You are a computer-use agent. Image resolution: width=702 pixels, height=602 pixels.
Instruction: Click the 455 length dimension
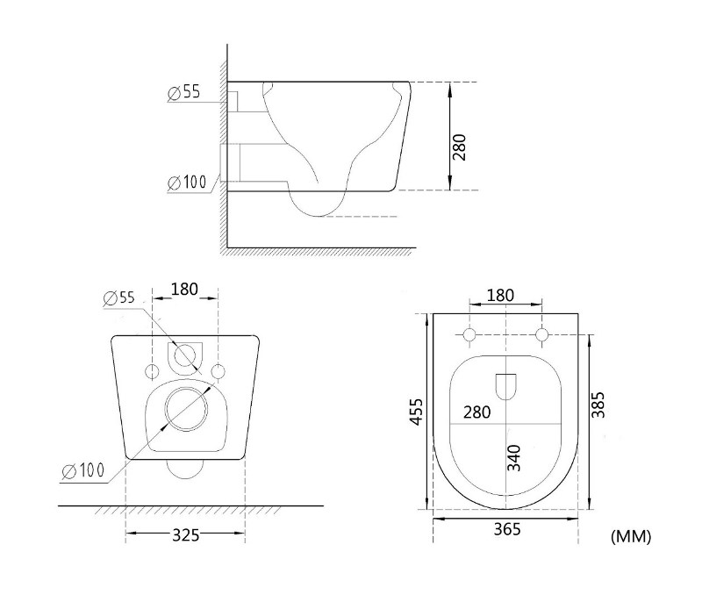click(x=417, y=412)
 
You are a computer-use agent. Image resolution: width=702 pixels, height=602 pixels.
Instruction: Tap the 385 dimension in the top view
click(x=598, y=405)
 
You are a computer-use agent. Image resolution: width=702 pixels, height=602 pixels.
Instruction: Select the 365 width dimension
click(x=507, y=529)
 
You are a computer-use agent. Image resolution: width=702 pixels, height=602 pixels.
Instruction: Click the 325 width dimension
click(x=186, y=534)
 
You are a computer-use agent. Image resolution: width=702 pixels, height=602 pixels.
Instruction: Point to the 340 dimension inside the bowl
click(x=514, y=458)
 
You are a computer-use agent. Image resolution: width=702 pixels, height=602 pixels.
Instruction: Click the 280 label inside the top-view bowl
click(x=477, y=412)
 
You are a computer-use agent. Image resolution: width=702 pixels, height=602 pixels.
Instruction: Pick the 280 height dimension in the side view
click(x=459, y=147)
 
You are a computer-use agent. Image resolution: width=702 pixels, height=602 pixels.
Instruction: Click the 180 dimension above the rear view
click(x=184, y=289)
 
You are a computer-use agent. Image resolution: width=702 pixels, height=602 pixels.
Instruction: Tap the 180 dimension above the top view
click(x=500, y=296)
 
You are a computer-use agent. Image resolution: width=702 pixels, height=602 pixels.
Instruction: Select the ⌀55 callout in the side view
click(x=184, y=92)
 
